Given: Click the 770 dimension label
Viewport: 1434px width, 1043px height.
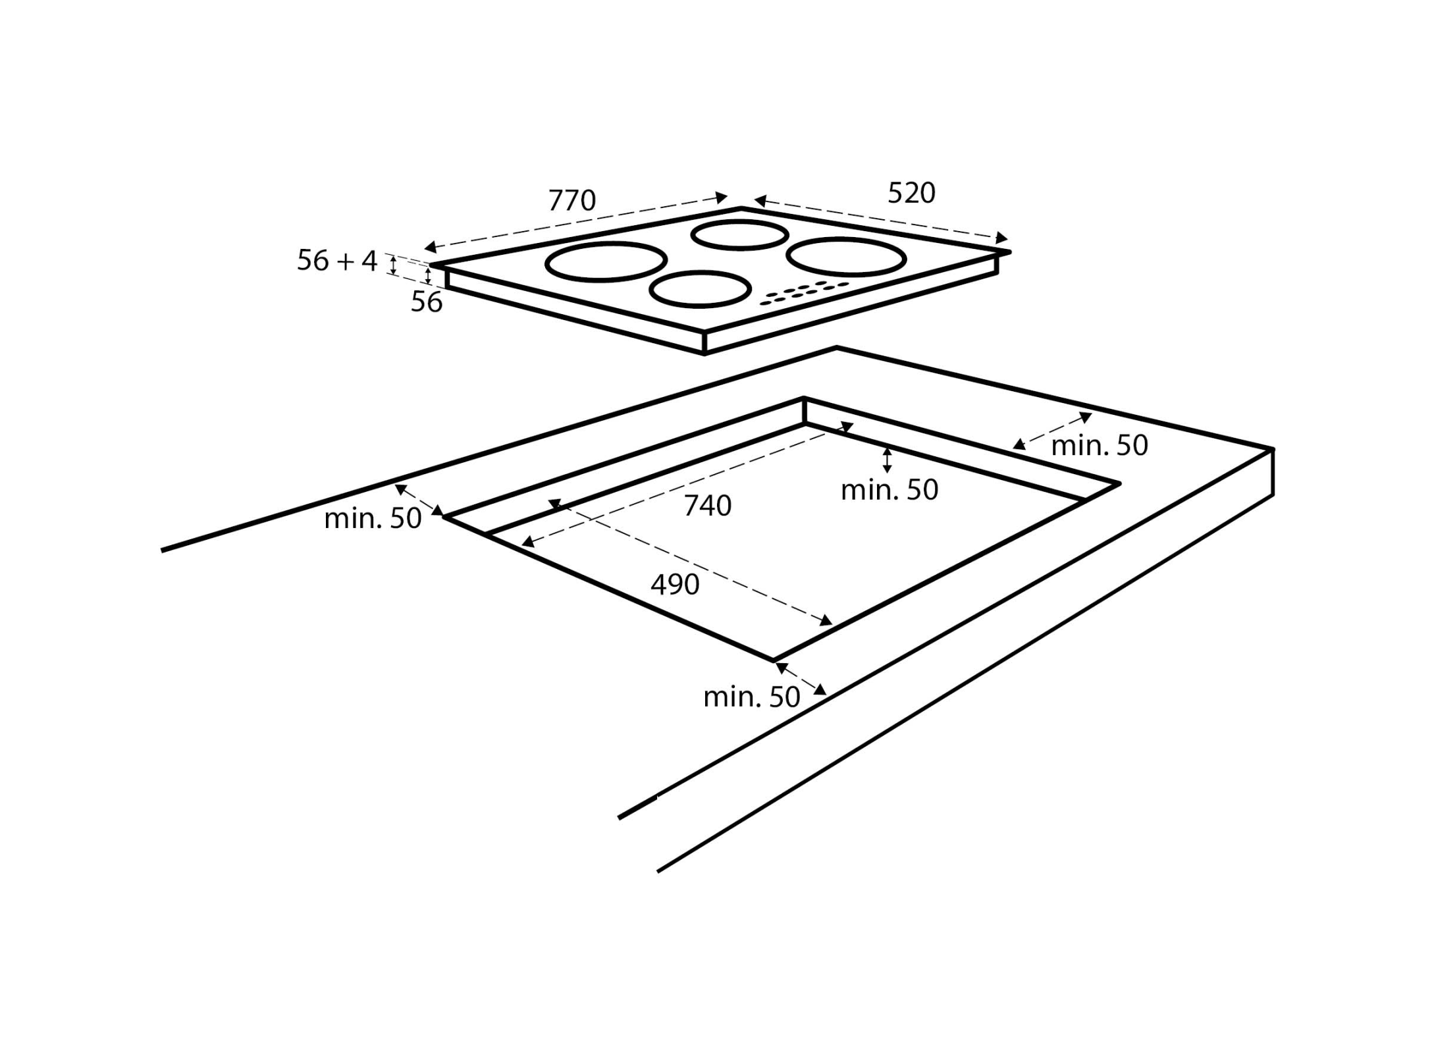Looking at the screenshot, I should tap(571, 200).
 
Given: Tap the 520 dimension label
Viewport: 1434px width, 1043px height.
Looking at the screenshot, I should tap(911, 193).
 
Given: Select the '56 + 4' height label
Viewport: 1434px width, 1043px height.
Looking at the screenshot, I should tap(336, 261).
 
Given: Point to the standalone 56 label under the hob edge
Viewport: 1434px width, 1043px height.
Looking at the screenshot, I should tap(427, 302).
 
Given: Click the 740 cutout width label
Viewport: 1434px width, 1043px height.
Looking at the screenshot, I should tap(708, 506).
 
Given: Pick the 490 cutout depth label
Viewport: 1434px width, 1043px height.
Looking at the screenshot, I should tap(675, 585).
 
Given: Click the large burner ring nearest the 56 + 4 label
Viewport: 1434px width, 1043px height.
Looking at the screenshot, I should tap(605, 261).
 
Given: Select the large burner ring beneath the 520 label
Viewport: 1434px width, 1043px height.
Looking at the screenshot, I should tap(846, 256).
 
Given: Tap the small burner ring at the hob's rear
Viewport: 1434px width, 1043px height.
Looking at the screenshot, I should tap(739, 235).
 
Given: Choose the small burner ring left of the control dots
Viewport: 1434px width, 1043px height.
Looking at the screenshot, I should tap(700, 290).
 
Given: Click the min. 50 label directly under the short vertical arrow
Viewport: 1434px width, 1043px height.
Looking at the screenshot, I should tap(890, 490).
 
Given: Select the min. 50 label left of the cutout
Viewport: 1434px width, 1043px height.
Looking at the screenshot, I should tap(373, 519).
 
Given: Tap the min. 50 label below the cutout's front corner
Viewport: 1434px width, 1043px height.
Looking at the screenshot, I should tap(751, 697).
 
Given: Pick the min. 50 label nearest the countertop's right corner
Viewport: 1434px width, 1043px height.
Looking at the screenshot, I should tap(1099, 446).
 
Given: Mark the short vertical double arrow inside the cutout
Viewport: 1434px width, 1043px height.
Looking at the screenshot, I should tap(888, 460).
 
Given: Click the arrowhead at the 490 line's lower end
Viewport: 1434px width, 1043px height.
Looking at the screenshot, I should tap(826, 620).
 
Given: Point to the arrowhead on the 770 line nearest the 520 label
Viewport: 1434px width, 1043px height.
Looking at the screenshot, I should tap(722, 197).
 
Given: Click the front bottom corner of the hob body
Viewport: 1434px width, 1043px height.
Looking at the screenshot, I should tap(704, 354).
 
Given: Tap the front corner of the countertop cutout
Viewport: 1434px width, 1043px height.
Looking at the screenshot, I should tap(774, 659).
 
